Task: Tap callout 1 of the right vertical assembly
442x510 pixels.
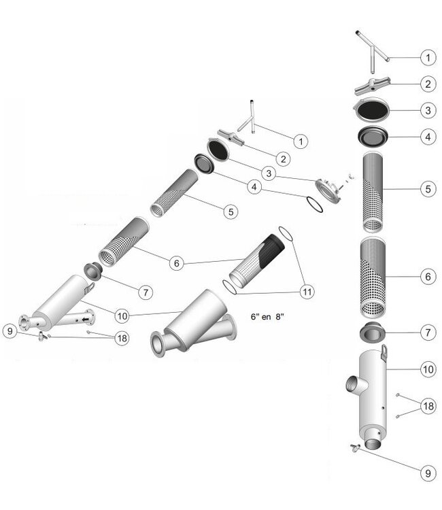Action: (x=427, y=57)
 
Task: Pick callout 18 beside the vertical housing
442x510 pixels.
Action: (x=427, y=405)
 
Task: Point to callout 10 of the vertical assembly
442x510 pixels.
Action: (x=427, y=370)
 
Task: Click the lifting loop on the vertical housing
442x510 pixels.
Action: (x=384, y=352)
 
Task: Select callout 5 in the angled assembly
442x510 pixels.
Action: (x=231, y=211)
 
